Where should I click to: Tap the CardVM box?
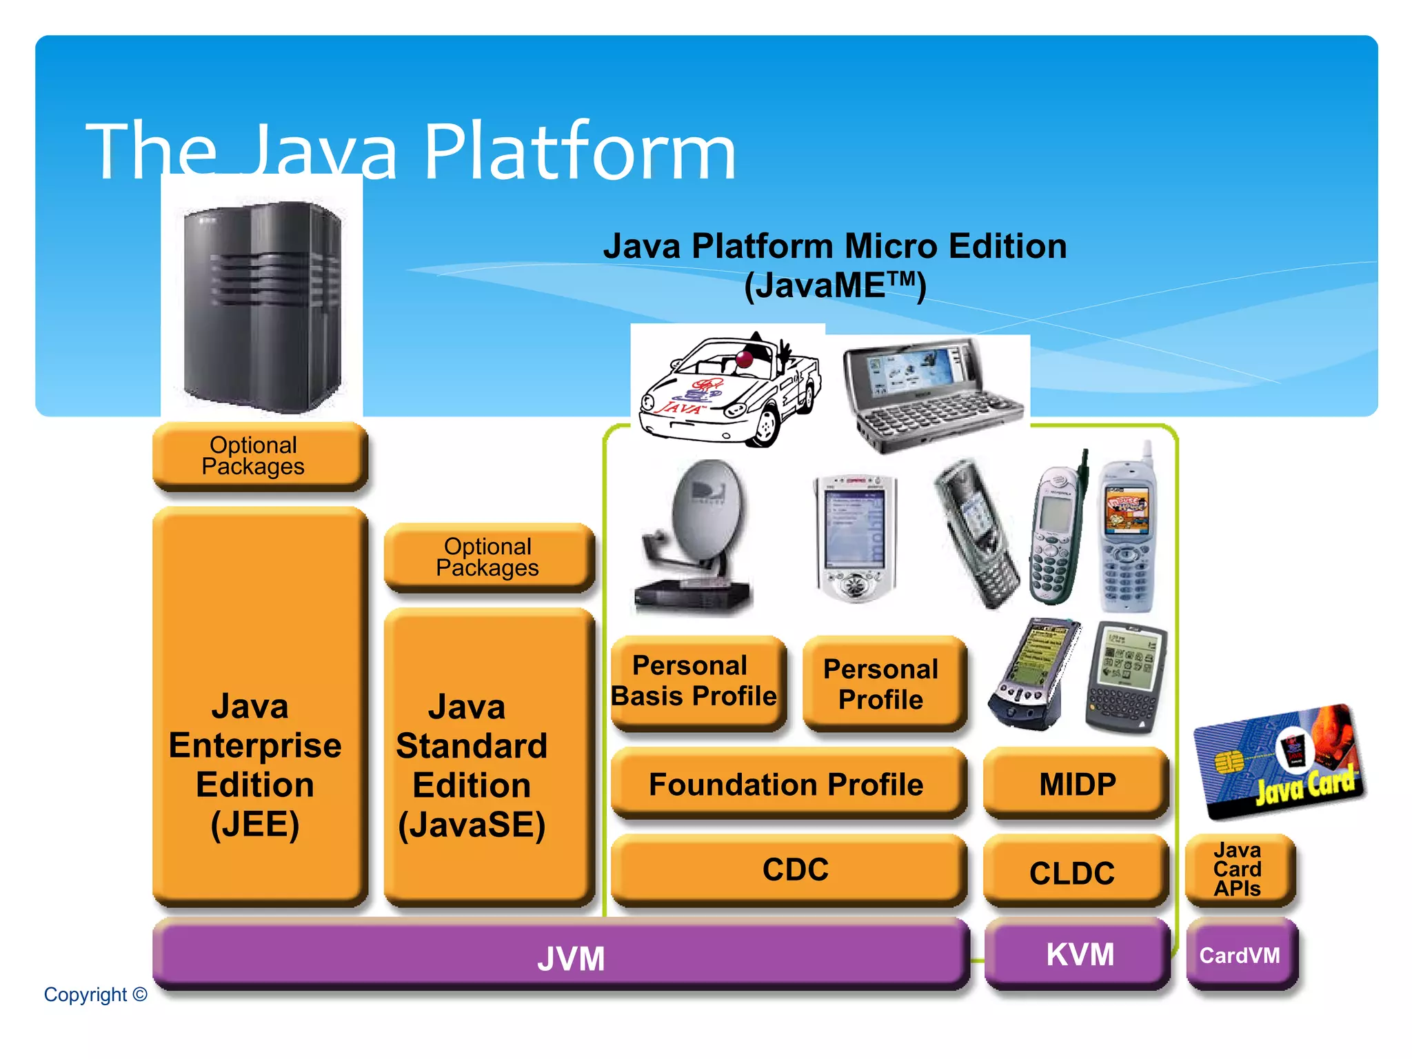(x=1241, y=955)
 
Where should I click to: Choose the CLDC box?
(x=1074, y=871)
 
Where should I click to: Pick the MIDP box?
(x=1076, y=784)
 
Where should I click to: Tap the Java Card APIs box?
(x=1239, y=869)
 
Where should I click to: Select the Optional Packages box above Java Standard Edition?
(x=488, y=557)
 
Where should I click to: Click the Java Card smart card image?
(x=1279, y=762)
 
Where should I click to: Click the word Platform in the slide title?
(x=579, y=152)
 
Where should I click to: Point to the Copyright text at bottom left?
(x=95, y=994)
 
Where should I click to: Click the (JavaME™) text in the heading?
(x=834, y=285)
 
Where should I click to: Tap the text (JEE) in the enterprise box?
(x=255, y=824)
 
